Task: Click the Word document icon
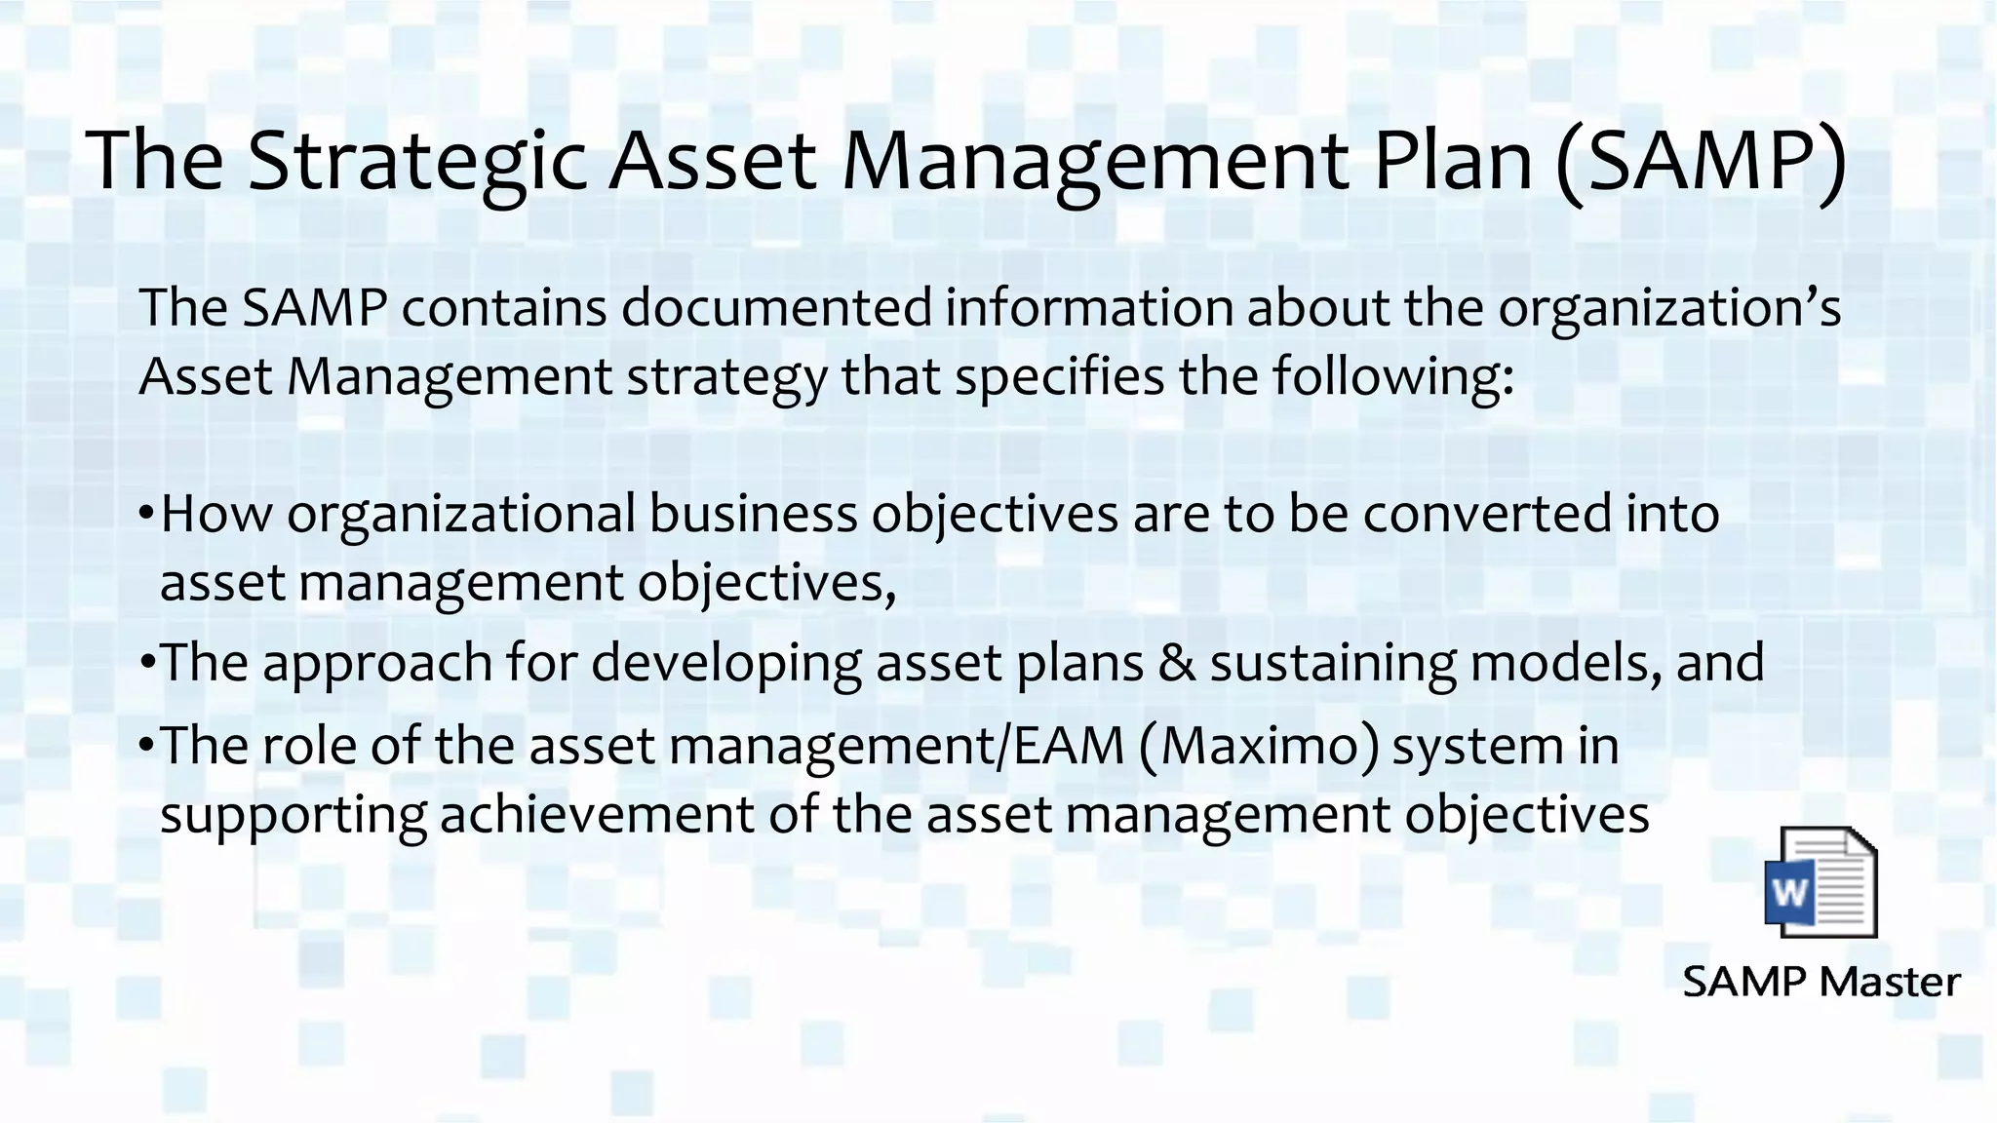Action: click(x=1821, y=882)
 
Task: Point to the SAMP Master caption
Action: click(x=1821, y=981)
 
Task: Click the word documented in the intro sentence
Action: click(x=777, y=307)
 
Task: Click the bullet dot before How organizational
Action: click(x=146, y=514)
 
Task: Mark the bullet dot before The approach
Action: click(x=146, y=663)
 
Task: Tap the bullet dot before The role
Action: click(x=146, y=746)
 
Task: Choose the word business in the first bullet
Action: click(x=753, y=514)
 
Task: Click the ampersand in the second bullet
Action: click(x=1177, y=663)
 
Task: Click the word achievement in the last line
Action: click(x=597, y=815)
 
